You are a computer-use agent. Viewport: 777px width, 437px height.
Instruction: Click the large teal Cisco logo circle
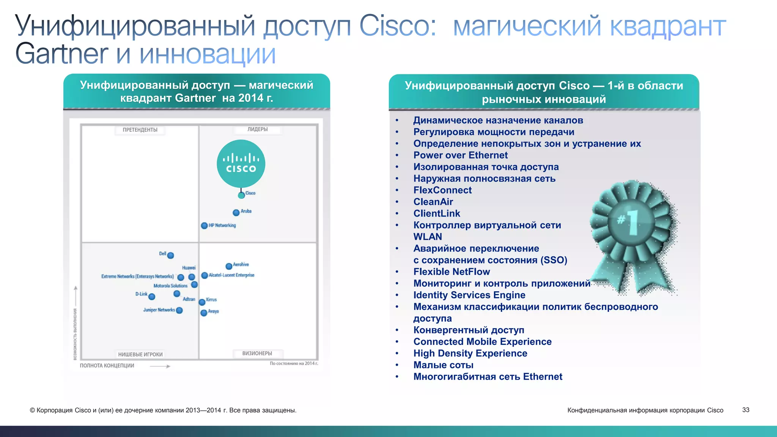click(241, 163)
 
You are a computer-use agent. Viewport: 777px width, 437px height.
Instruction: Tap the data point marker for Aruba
click(236, 212)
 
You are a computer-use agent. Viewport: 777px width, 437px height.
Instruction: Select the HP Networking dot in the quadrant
click(204, 226)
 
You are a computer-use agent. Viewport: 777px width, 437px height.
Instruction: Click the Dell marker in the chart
click(170, 255)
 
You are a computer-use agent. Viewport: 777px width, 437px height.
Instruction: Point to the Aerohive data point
click(229, 266)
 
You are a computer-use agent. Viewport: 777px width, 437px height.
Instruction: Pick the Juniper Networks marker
click(179, 310)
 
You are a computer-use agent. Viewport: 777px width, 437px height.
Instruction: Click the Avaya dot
click(204, 313)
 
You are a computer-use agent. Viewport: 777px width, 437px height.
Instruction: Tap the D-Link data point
click(152, 297)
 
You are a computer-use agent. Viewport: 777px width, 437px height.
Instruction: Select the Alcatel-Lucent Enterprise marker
click(204, 275)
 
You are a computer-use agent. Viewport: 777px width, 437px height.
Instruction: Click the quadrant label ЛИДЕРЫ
click(258, 129)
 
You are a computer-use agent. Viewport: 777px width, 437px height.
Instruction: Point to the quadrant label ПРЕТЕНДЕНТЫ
click(140, 130)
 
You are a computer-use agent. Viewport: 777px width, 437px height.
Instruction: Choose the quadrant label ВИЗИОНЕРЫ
click(257, 353)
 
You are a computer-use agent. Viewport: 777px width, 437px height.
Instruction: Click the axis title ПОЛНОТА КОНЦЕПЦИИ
click(107, 366)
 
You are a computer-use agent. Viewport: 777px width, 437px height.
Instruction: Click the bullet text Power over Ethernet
click(460, 155)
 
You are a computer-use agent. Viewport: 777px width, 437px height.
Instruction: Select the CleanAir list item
click(433, 202)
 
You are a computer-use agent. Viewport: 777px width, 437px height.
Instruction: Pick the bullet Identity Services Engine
click(469, 295)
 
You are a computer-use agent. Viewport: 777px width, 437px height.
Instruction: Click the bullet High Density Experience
click(470, 353)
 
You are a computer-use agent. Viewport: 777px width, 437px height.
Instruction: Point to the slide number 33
click(746, 410)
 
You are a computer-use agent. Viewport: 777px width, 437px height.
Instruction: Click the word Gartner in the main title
click(61, 54)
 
